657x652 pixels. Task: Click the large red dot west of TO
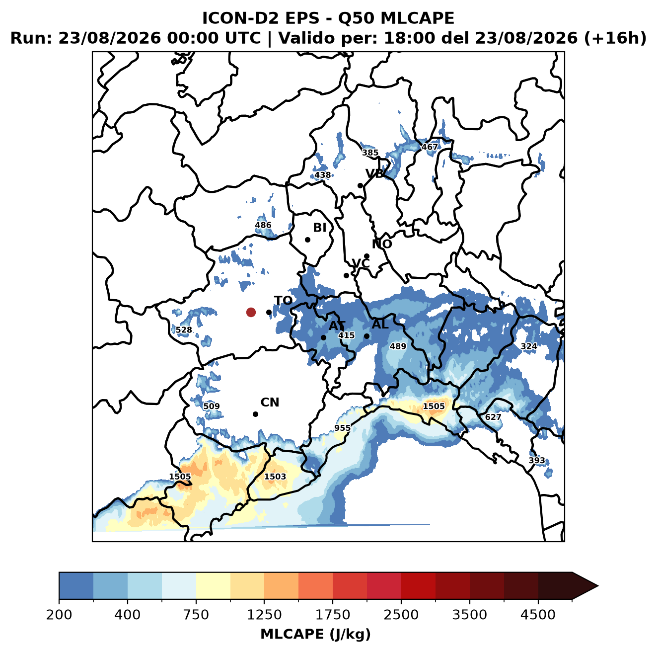(x=251, y=312)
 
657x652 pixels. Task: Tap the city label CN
(x=270, y=403)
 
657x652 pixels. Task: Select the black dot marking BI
(x=307, y=240)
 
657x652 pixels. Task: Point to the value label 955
(x=342, y=428)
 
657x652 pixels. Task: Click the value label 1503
(x=275, y=476)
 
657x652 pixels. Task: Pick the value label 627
(x=493, y=417)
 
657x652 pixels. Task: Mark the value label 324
(x=529, y=346)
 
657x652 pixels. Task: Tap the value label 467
(x=430, y=147)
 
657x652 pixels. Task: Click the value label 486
(x=263, y=225)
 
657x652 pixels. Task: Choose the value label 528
(x=184, y=330)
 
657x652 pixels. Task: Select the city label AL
(x=380, y=324)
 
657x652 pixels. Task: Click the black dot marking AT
(x=323, y=338)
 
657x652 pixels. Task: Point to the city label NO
(x=382, y=244)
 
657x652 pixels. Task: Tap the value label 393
(x=537, y=461)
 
